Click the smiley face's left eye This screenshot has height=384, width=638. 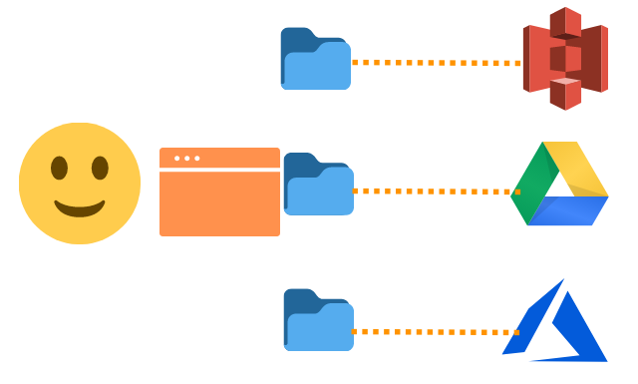[60, 168]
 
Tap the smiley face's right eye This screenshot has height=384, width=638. [100, 168]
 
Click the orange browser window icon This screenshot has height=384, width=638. [219, 199]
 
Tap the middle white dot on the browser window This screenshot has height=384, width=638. [186, 159]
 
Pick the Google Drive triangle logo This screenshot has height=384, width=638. [559, 184]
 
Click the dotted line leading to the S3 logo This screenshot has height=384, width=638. [436, 63]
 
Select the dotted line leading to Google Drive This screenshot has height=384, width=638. [436, 191]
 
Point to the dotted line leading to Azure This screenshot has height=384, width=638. [436, 331]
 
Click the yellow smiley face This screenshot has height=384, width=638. [80, 184]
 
